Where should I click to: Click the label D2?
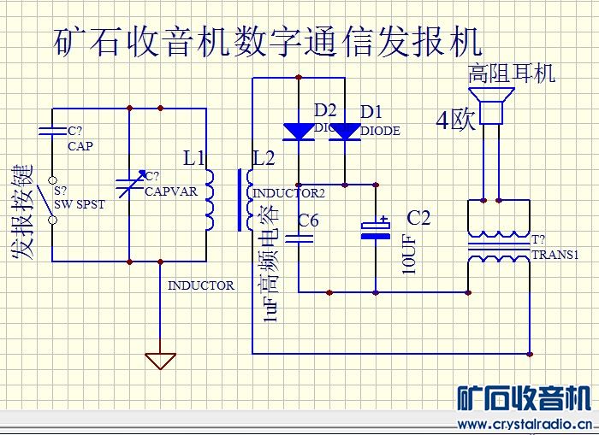point(326,111)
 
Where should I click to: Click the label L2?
point(264,157)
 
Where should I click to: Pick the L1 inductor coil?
point(211,202)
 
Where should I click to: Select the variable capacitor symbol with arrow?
point(128,184)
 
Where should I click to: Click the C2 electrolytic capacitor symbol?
point(375,228)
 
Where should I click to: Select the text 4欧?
point(455,121)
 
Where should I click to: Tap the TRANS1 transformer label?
point(555,255)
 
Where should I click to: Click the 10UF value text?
point(409,254)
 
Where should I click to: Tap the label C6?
point(308,221)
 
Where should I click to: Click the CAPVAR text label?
point(170,191)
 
